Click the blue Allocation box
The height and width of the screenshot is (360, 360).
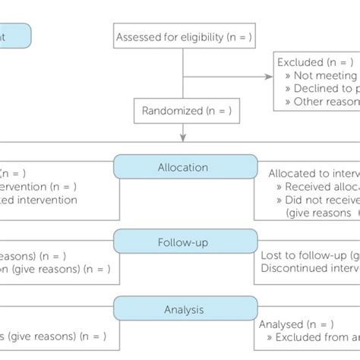pyautogui.click(x=185, y=166)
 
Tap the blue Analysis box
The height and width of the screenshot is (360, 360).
pyautogui.click(x=185, y=309)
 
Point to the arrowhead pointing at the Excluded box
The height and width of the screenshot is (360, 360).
pyautogui.click(x=267, y=76)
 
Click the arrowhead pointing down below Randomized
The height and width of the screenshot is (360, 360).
pyautogui.click(x=183, y=137)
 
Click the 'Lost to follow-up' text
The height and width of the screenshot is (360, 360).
pyautogui.click(x=308, y=255)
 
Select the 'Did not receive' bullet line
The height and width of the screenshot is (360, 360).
pyautogui.click(x=319, y=201)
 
